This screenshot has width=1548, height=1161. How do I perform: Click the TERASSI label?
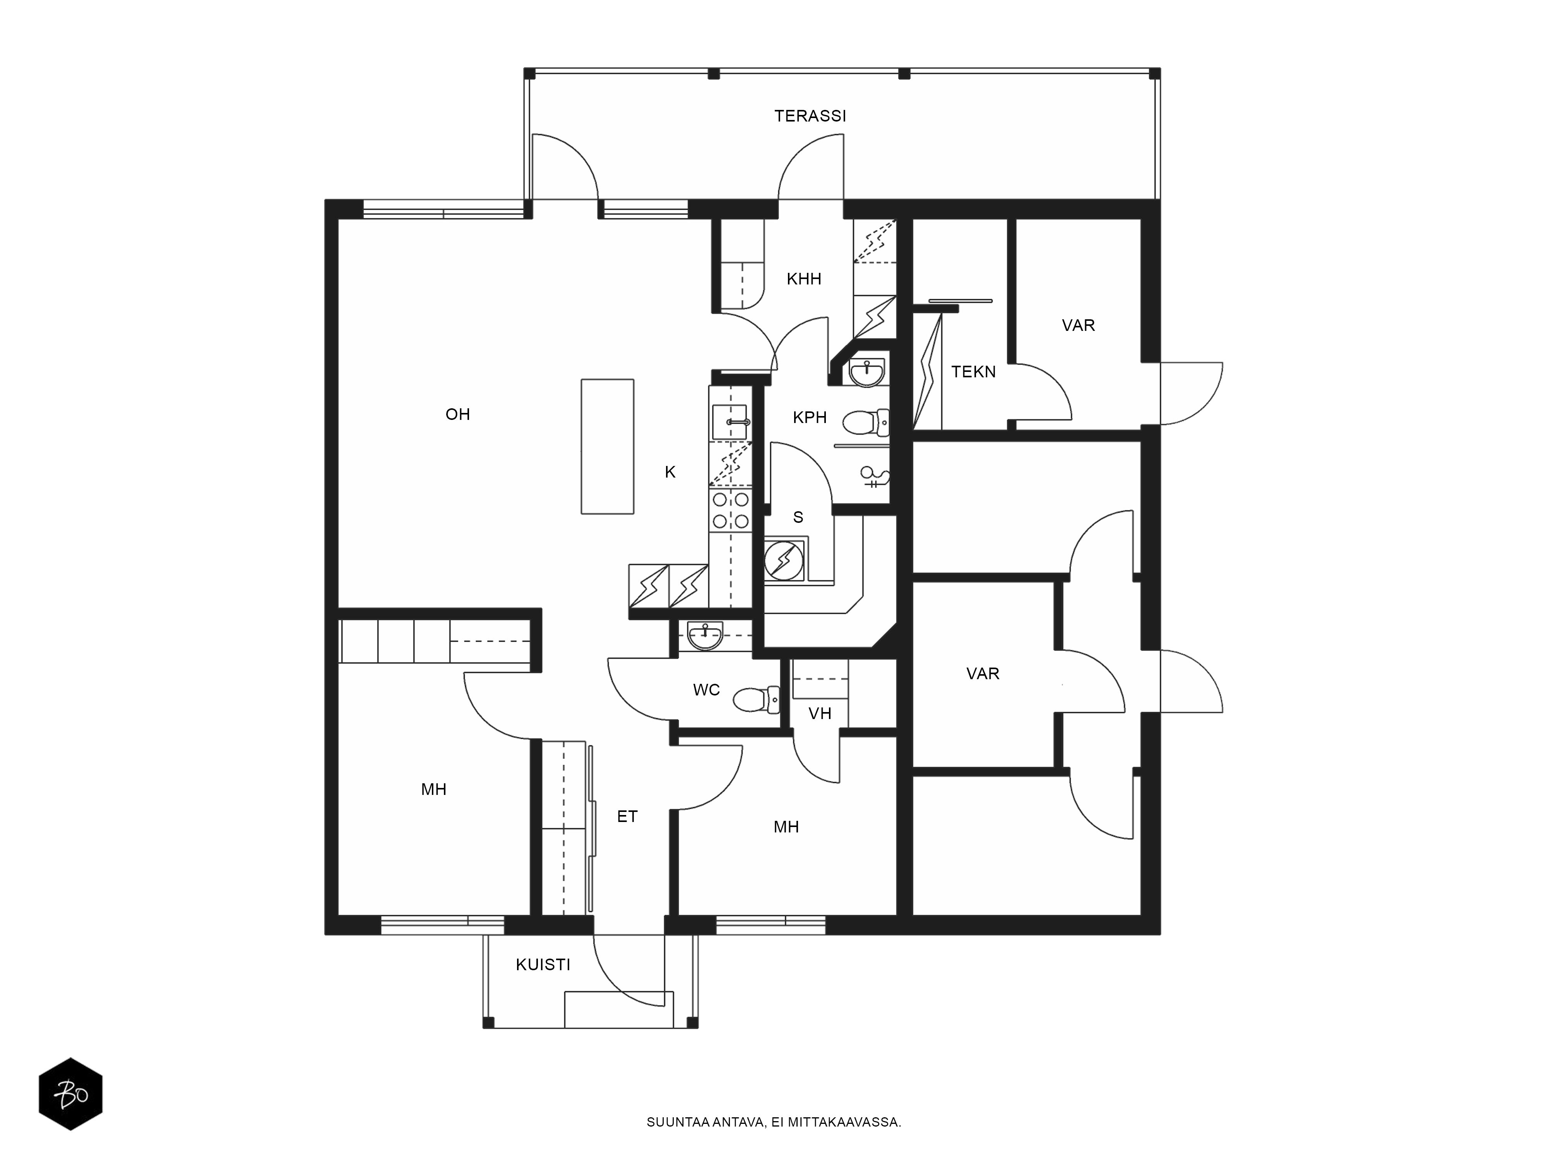(x=810, y=116)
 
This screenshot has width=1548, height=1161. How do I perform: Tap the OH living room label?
(x=458, y=414)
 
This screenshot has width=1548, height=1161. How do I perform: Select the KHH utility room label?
(x=803, y=279)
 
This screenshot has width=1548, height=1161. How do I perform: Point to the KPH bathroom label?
(x=810, y=418)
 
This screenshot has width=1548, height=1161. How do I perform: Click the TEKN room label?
(x=973, y=372)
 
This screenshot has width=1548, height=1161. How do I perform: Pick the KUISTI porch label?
(x=543, y=965)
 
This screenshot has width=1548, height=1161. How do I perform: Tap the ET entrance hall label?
(x=627, y=817)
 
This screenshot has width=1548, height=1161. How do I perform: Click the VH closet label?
(x=820, y=714)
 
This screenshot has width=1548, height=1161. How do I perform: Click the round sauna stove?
(x=784, y=560)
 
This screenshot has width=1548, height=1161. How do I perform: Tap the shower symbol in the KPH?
(x=874, y=476)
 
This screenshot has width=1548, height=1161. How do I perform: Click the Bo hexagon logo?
(x=71, y=1094)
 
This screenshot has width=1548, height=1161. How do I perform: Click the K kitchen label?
(x=670, y=473)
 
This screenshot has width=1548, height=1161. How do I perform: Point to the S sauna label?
(x=798, y=517)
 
